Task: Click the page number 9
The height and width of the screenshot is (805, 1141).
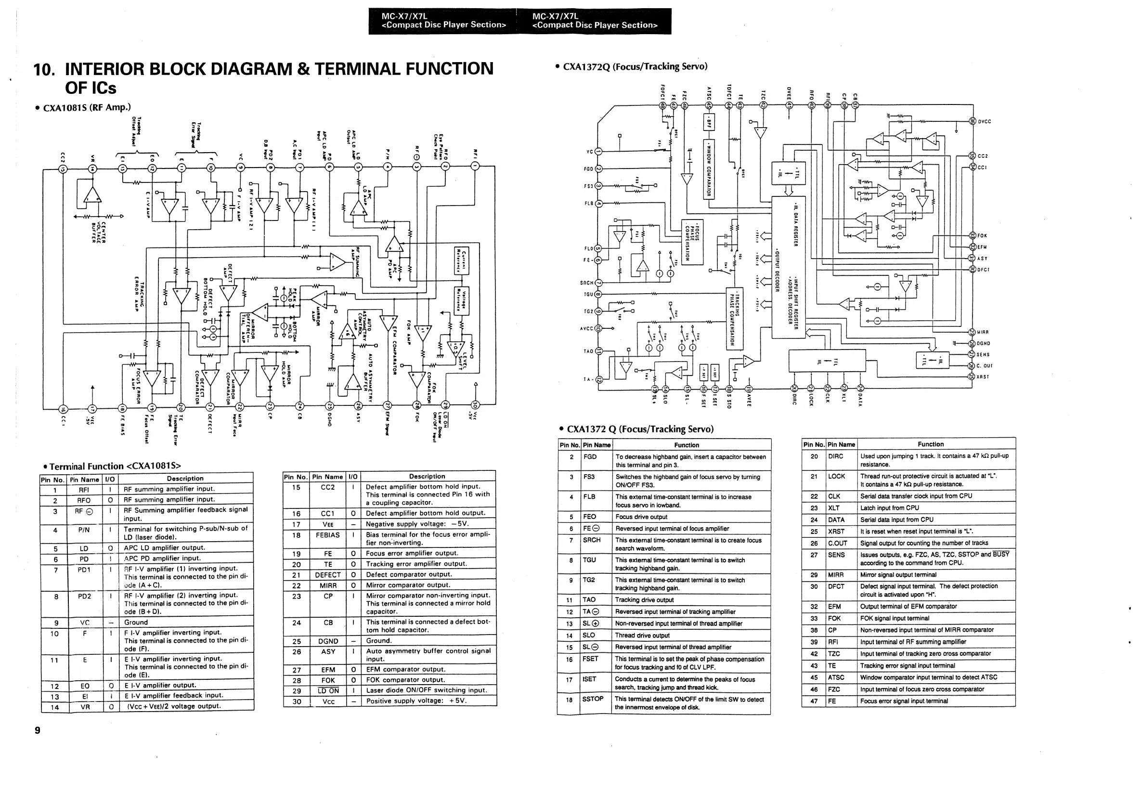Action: tap(37, 730)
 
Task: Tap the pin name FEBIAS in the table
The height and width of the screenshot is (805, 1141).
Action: tap(327, 535)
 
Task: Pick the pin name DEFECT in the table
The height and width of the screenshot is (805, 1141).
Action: tap(327, 574)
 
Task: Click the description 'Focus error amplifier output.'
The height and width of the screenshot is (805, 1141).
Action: tap(412, 553)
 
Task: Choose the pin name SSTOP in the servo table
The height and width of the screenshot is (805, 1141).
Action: tap(593, 699)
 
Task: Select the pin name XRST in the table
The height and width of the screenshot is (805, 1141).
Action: tap(836, 531)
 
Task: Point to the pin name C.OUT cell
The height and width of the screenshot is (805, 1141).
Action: tap(837, 543)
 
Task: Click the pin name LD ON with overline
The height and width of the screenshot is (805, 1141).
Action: tap(327, 691)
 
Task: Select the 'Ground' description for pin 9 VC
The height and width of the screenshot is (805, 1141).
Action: tap(136, 622)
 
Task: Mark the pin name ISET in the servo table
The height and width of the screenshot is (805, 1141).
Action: tap(589, 679)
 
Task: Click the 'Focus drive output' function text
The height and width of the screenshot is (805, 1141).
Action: tap(641, 517)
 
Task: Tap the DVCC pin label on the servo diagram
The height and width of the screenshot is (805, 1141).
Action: tap(985, 122)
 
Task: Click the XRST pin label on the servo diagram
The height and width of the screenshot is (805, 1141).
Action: tap(983, 377)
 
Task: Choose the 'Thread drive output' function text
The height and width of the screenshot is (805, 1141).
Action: tap(642, 635)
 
